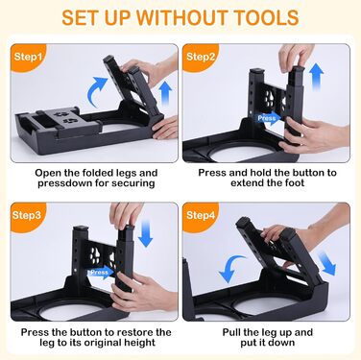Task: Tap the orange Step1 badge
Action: point(28,57)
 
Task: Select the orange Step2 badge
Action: point(200,57)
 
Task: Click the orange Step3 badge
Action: point(28,215)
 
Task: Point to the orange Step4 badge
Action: point(200,215)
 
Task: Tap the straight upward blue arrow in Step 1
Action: point(165,93)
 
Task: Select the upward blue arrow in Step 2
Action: point(317,76)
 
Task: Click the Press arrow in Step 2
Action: point(269,118)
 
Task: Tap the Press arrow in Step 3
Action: point(101,273)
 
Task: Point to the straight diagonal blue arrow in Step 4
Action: point(326,263)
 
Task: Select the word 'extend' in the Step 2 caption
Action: point(250,183)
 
